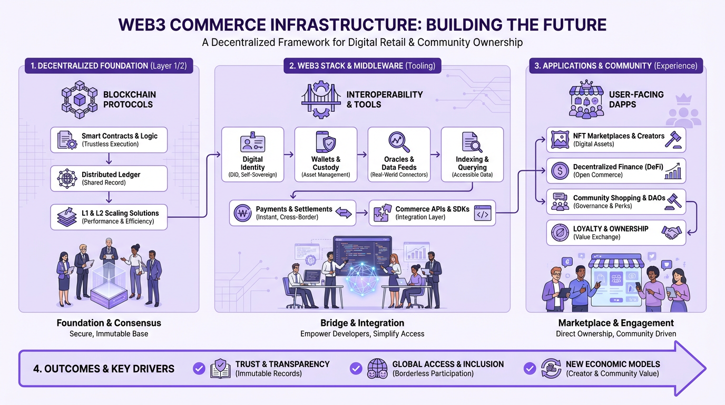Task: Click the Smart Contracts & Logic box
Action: (109, 140)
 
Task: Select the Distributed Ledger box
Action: (109, 178)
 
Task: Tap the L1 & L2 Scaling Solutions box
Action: (109, 217)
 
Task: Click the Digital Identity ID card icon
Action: (252, 142)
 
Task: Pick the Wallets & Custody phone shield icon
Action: (326, 142)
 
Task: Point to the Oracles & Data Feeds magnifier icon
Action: (399, 142)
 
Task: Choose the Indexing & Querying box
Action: (472, 154)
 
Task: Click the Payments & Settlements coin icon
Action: (243, 213)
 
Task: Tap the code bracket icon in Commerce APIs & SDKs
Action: (483, 213)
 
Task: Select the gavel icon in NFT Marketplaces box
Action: (674, 139)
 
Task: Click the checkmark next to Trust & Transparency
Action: (199, 368)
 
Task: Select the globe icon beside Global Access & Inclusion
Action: (377, 368)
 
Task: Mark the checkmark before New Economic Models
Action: (530, 368)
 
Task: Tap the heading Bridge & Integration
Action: (362, 323)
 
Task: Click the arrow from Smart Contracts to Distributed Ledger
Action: (109, 159)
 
